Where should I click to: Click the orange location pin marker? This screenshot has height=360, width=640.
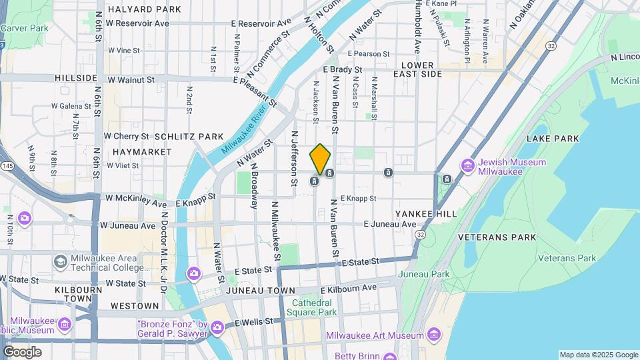point(320,159)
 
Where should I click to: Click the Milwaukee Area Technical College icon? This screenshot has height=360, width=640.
point(60,261)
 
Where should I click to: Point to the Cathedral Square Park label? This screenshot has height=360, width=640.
point(314,307)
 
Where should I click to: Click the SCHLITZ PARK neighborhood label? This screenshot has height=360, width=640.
point(189,137)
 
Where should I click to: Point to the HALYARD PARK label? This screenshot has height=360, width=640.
point(144,9)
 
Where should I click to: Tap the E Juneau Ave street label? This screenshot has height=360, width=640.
point(390,225)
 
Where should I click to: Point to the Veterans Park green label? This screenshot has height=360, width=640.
point(567,258)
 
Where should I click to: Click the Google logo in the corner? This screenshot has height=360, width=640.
point(22,352)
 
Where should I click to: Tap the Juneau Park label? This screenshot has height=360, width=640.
point(423,274)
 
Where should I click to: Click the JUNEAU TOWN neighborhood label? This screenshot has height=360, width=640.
point(260,291)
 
